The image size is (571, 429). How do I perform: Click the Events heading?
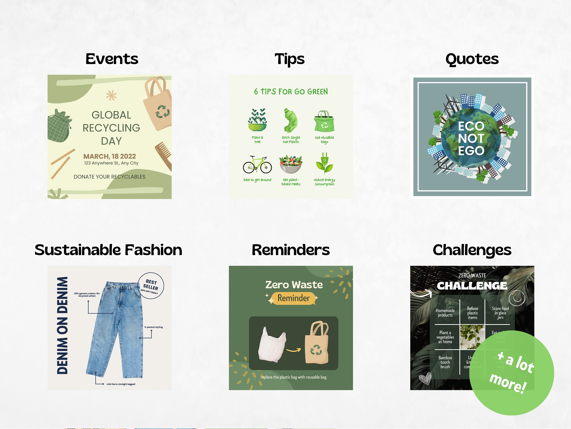tap(112, 59)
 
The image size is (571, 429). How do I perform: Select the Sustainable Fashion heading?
tap(108, 250)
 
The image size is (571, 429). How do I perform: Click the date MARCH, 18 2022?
tap(109, 156)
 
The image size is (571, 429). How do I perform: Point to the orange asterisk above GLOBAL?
tap(111, 96)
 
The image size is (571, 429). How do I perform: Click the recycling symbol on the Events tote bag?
tap(162, 112)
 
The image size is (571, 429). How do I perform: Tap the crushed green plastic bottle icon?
tap(291, 121)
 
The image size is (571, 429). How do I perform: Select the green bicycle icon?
tap(257, 165)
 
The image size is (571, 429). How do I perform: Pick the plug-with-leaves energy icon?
tap(325, 163)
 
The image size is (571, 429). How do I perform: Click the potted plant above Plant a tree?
tap(257, 120)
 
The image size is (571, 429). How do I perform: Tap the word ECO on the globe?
tap(471, 126)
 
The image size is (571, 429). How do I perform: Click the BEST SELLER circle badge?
tap(151, 286)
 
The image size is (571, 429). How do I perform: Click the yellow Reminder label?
tap(293, 298)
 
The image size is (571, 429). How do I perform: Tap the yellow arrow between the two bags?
tap(294, 350)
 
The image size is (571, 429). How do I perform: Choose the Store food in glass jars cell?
tap(500, 313)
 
